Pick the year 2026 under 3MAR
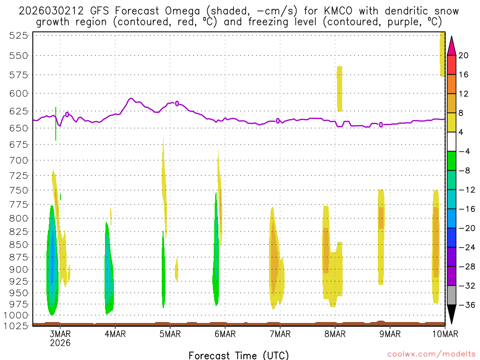60,343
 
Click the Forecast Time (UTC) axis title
239,355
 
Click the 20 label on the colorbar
464,55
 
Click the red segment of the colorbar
452,65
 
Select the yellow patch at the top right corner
442,54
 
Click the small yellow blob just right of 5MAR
176,270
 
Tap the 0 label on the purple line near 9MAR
381,125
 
